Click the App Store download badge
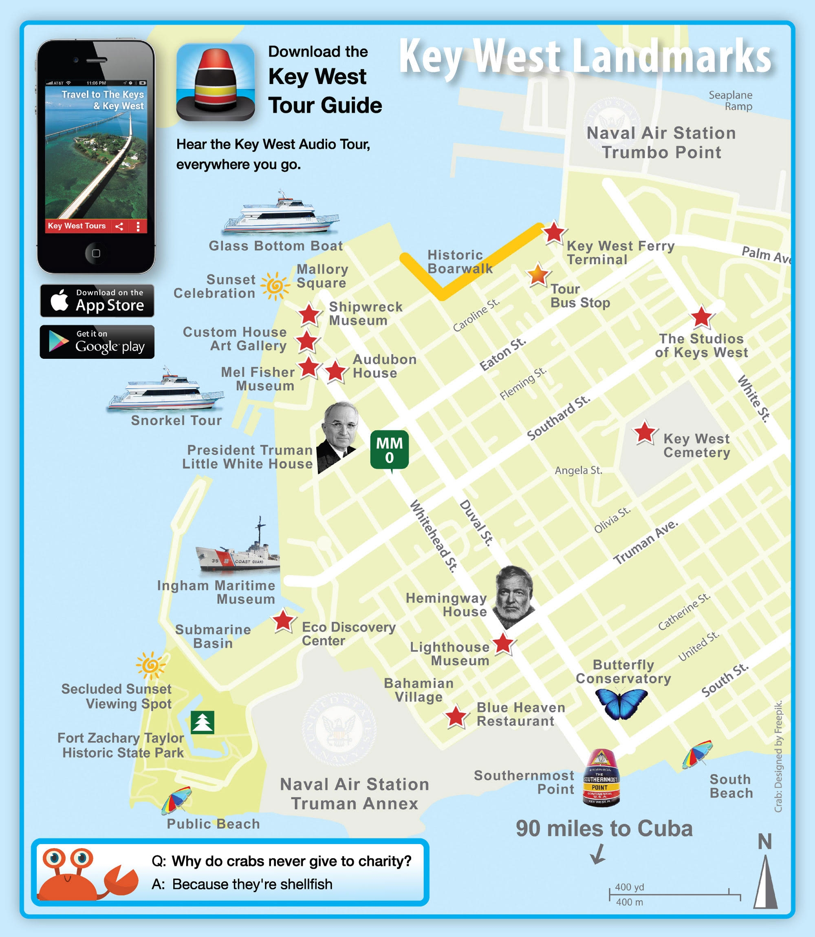tap(97, 301)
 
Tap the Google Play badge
tap(97, 342)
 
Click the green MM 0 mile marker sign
tap(389, 450)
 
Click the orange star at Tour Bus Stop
tap(538, 275)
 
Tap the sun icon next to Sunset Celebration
tap(275, 286)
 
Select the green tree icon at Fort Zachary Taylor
tap(203, 722)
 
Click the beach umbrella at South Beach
tap(697, 754)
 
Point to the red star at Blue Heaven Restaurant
tap(456, 717)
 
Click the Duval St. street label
tap(476, 522)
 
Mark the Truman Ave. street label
tap(646, 542)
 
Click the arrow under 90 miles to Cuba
tap(598, 854)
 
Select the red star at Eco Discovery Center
tap(283, 620)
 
